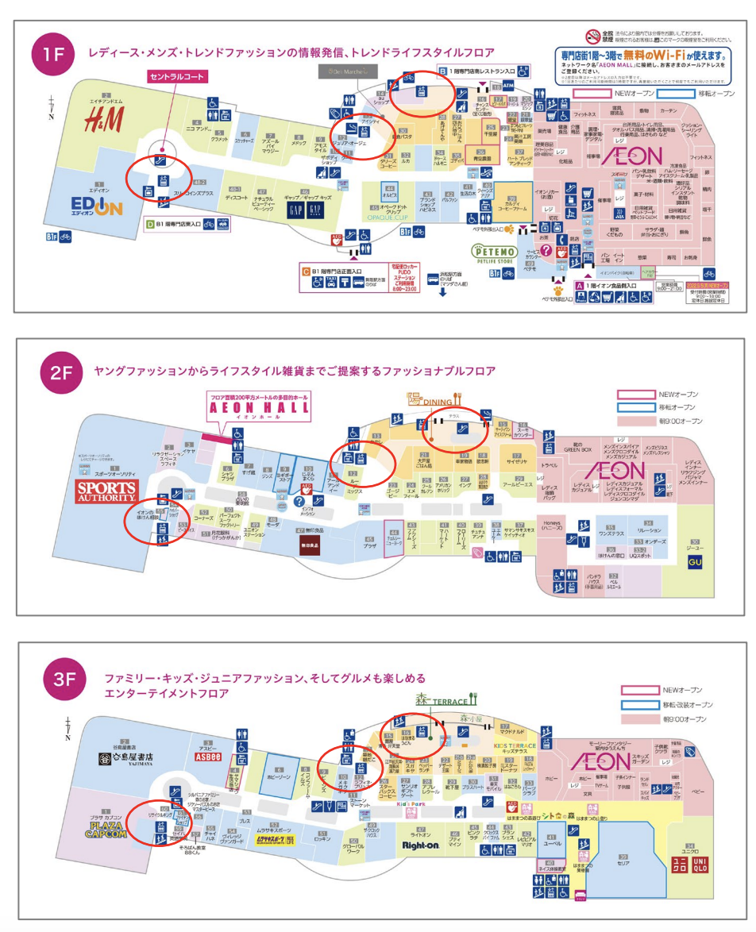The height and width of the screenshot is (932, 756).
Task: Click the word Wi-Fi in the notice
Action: [x=689, y=56]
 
